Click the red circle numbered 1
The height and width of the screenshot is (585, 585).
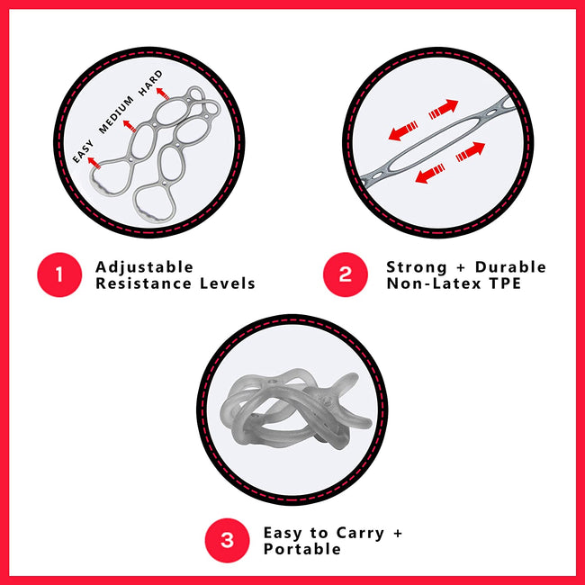pos(59,274)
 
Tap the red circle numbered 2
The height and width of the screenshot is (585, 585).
pos(345,274)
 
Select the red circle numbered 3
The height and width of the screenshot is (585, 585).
pos(227,540)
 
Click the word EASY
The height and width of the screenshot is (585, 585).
pos(83,151)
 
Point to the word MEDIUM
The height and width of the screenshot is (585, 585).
pos(116,114)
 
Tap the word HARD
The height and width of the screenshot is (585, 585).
pos(150,83)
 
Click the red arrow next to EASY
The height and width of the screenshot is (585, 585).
pos(94,163)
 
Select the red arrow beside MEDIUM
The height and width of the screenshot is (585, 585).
pos(130,126)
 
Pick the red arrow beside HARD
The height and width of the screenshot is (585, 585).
pos(163,94)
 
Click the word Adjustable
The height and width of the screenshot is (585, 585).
pos(144,267)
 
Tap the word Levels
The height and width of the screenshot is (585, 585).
pos(228,283)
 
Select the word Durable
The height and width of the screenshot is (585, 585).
pos(510,267)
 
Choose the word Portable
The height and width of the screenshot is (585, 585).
pos(302,549)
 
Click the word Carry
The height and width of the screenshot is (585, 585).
pos(360,534)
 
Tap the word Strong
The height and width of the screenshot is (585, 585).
pos(417,267)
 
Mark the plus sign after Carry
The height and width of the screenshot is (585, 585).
pos(398,533)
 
